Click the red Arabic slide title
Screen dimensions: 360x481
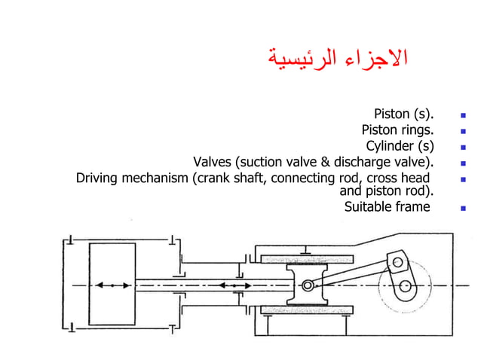338,58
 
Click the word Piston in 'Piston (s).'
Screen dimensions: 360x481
391,115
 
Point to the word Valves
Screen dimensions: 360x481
213,162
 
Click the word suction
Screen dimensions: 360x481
262,162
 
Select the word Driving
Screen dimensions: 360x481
100,178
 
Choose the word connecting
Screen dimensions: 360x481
302,178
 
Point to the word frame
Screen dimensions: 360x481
414,206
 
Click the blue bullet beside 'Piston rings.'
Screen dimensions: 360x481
463,132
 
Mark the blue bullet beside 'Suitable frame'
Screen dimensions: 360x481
463,207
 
